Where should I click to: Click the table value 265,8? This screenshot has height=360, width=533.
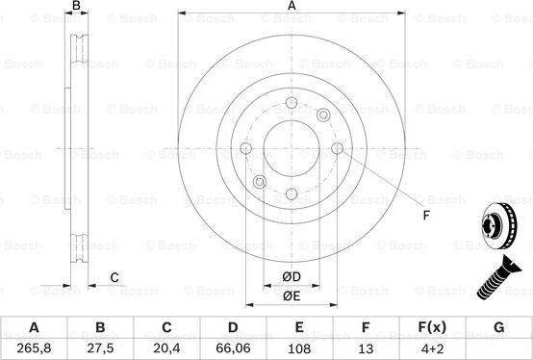35,348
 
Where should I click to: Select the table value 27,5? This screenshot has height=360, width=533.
100,348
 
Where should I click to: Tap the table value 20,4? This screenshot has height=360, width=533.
166,348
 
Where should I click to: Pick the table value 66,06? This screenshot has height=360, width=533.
233,348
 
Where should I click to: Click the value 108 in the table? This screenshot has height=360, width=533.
299,348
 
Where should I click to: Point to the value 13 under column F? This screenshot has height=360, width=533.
366,348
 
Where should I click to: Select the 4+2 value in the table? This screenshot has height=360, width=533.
432,348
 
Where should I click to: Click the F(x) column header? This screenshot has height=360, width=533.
432,327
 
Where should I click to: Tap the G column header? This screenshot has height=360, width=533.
498,327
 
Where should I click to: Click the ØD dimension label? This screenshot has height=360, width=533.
292,277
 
